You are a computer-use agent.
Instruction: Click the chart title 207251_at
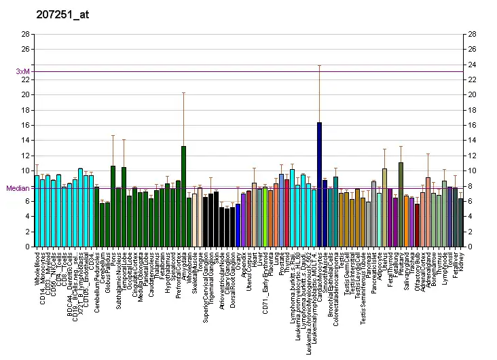click(60, 13)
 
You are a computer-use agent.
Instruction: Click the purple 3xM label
click(22, 71)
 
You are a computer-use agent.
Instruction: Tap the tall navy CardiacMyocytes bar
click(319, 184)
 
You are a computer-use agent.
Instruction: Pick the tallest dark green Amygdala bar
click(183, 196)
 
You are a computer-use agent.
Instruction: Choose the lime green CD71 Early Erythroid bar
click(265, 217)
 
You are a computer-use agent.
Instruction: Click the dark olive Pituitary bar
click(401, 204)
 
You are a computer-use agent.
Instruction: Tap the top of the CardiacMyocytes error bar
click(319, 65)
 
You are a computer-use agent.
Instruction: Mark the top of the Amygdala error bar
click(183, 92)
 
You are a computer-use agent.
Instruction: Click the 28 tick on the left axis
click(25, 34)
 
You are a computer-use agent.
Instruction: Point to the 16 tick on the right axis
click(471, 125)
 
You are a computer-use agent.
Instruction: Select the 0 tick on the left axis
click(27, 247)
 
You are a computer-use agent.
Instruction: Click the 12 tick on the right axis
click(471, 156)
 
